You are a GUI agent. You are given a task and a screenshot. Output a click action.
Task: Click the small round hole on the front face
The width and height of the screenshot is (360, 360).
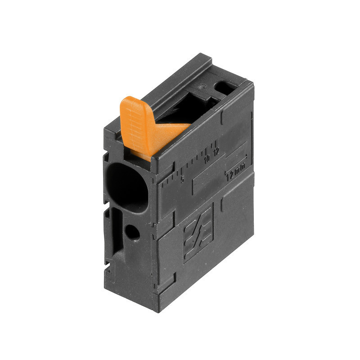pos(132,232)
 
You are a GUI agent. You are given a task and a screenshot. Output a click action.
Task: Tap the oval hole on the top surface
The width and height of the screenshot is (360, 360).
pos(225,86)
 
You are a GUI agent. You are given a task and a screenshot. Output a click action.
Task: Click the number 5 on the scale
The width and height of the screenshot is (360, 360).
pos(182,179)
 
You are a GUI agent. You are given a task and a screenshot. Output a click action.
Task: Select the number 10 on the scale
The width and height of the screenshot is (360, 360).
pos(207,159)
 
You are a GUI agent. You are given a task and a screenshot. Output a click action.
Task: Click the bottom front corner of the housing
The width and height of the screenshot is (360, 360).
pos(155,310)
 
